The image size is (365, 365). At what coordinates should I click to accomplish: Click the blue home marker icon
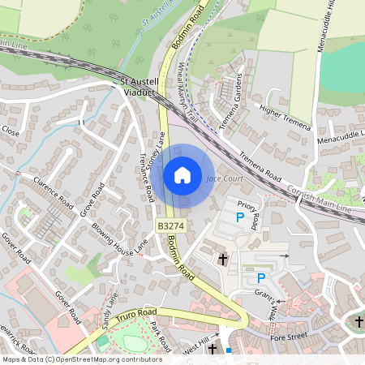tap(182, 175)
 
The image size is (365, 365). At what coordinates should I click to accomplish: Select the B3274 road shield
tap(170, 225)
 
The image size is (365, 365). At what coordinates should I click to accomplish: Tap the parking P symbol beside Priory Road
tap(239, 217)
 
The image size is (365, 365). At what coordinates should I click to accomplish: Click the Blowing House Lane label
tap(120, 238)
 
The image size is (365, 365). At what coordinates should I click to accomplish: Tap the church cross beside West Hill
tap(213, 349)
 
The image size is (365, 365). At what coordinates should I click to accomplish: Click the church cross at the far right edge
tap(359, 322)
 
